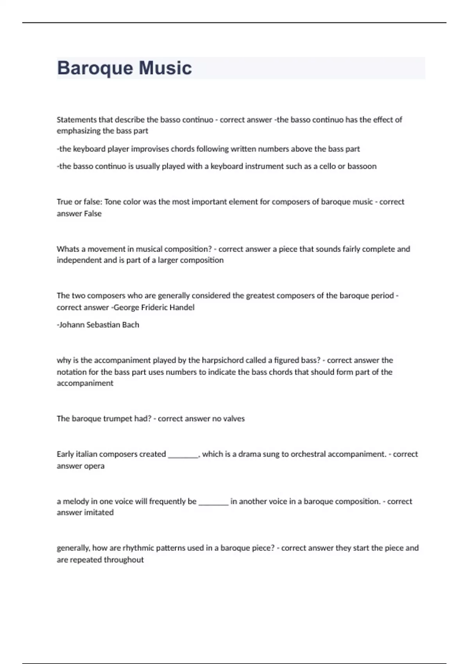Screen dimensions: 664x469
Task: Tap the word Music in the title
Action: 165,68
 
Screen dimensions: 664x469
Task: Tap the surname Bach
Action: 131,325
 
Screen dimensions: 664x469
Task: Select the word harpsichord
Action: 222,360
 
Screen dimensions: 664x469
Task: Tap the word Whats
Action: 68,249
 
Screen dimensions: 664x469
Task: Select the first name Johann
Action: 72,325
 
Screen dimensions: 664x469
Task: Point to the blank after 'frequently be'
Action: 213,503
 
